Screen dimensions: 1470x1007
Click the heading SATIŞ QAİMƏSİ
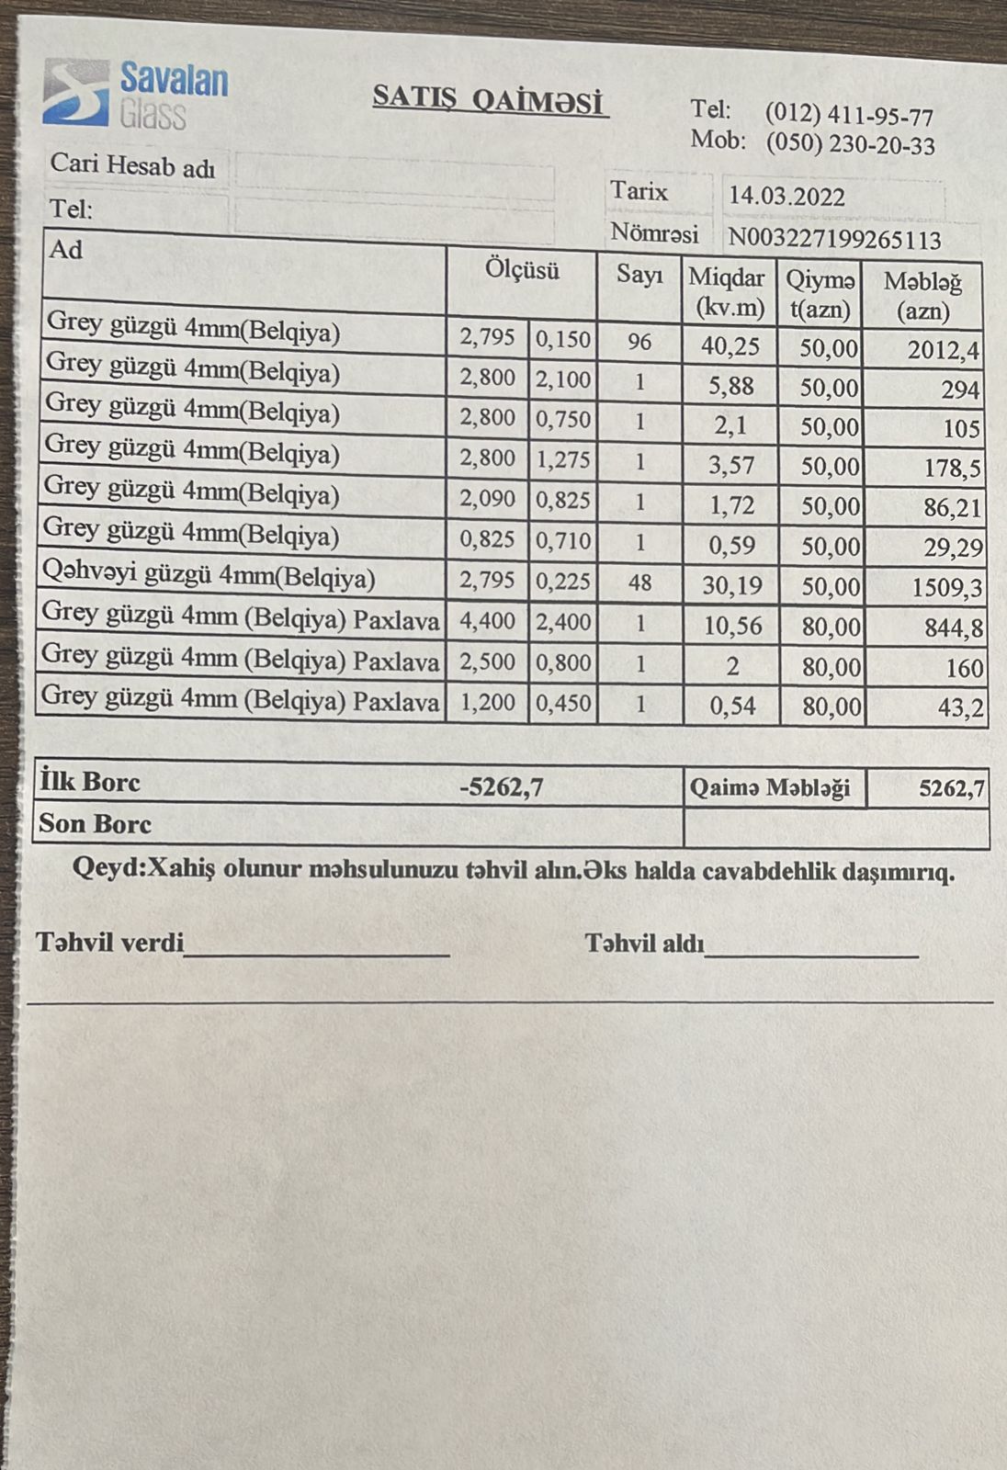490,99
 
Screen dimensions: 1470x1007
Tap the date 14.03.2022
786,197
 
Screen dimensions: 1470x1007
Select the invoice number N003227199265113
834,240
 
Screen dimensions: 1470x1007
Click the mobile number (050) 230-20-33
850,145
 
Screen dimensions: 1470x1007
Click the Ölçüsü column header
522,271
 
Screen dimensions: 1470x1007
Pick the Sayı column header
639,274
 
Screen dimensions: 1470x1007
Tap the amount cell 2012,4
944,350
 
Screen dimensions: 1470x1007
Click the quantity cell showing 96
639,342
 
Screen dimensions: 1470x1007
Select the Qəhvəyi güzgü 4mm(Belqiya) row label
209,577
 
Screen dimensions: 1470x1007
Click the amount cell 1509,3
946,588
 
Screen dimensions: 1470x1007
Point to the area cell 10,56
732,626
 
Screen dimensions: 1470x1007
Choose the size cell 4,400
487,622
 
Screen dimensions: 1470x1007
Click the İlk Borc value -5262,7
502,787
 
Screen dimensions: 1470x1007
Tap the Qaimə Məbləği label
770,788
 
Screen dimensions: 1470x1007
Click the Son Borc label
95,823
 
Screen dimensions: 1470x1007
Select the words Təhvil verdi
110,943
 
